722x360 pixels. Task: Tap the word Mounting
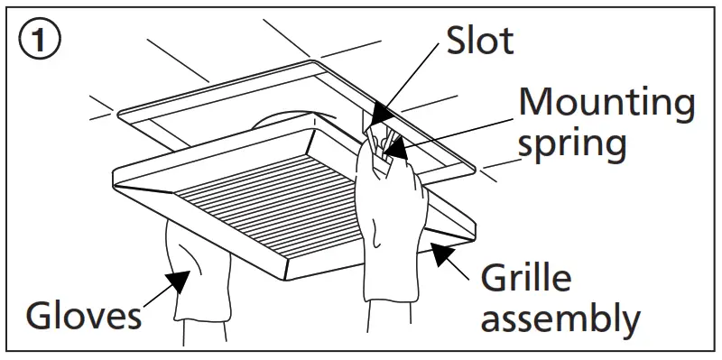point(605,104)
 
